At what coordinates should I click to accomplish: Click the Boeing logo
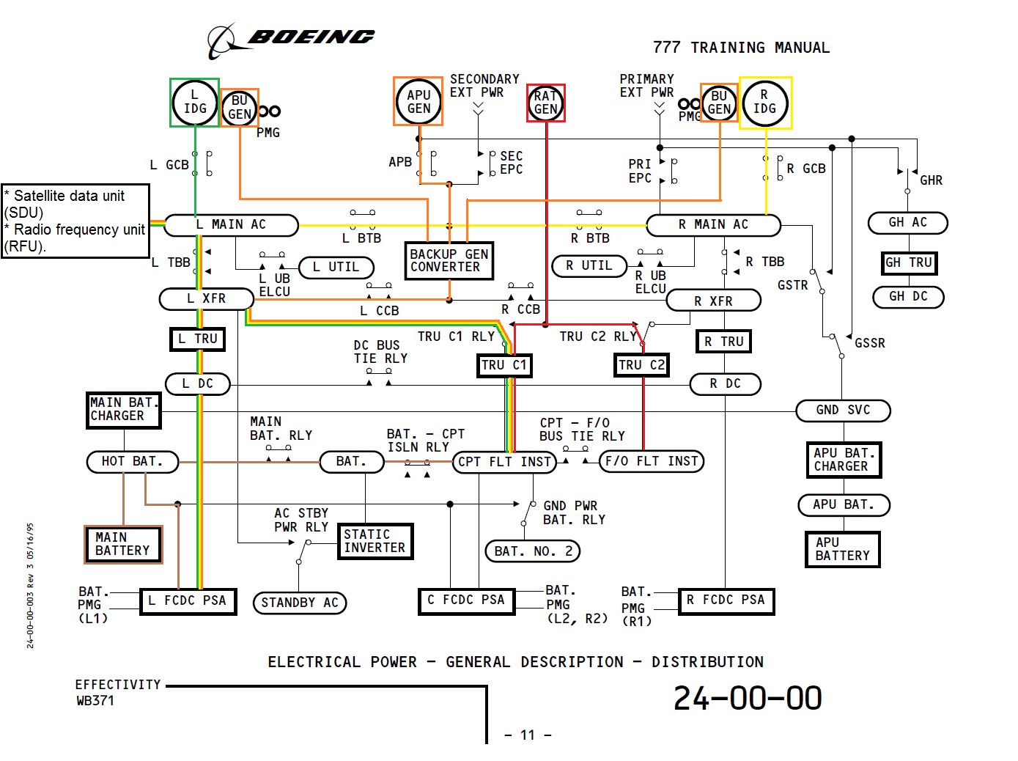291,41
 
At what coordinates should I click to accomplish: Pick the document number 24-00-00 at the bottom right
747,698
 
